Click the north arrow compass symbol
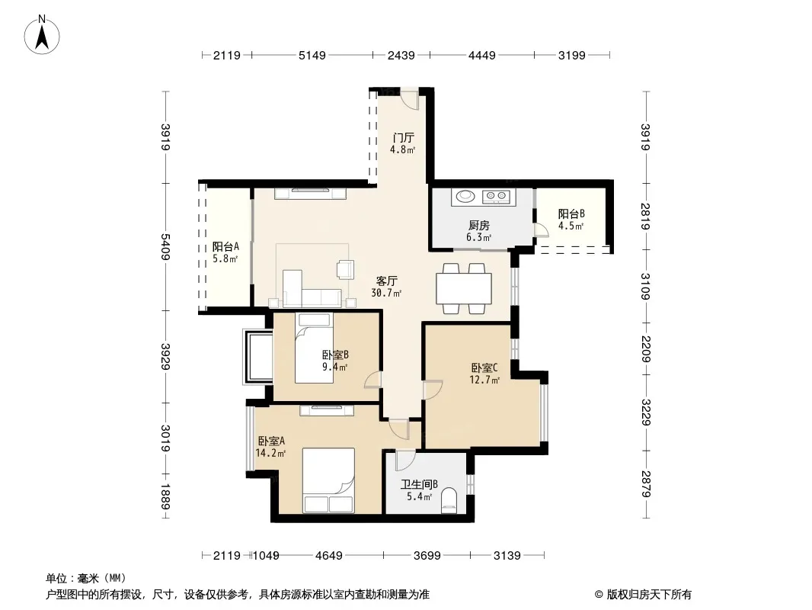click(41, 35)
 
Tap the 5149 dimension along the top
click(312, 56)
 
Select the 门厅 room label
click(403, 138)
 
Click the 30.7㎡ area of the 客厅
click(386, 294)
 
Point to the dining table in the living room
click(464, 289)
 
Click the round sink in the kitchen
click(463, 197)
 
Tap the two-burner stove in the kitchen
click(496, 197)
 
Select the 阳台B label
click(571, 213)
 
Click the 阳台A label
click(225, 247)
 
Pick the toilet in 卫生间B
click(449, 501)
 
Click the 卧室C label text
click(484, 368)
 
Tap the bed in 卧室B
click(314, 348)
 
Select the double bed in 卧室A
click(328, 480)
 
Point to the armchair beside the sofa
click(345, 269)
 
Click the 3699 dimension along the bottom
click(427, 556)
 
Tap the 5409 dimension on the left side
click(166, 247)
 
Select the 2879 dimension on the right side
click(646, 483)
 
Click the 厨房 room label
click(478, 226)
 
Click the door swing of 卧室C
click(433, 390)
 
